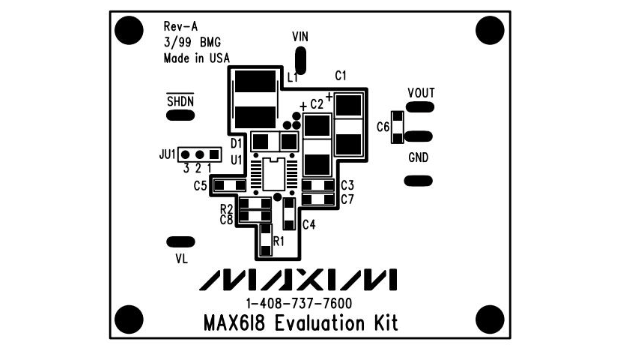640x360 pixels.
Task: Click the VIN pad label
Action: point(300,37)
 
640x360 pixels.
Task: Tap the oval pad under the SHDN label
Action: point(180,116)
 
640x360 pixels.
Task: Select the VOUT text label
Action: point(421,93)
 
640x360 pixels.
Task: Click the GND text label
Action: point(418,158)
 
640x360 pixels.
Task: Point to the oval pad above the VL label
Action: point(180,242)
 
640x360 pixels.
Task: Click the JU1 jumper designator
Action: point(167,155)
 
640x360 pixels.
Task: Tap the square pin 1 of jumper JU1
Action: point(214,155)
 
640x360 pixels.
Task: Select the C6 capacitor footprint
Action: point(397,127)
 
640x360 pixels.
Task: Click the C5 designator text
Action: point(200,186)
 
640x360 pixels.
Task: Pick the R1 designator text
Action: point(278,241)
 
